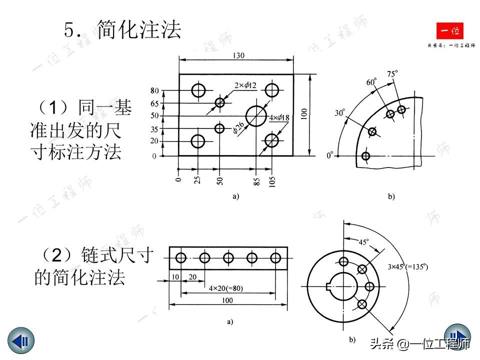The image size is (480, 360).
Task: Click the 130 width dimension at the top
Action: pyautogui.click(x=238, y=56)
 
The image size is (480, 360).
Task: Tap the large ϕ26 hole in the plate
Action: pyautogui.click(x=256, y=116)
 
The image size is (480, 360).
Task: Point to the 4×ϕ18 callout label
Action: pyautogui.click(x=279, y=118)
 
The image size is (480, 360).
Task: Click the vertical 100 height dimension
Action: pyautogui.click(x=303, y=114)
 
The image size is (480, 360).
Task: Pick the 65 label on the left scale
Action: pyautogui.click(x=154, y=103)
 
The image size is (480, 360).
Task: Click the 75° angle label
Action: pyautogui.click(x=393, y=74)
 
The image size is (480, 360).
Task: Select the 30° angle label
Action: pyautogui.click(x=340, y=113)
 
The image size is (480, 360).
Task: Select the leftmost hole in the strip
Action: pyautogui.click(x=181, y=258)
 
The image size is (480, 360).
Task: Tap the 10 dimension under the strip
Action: pyautogui.click(x=174, y=277)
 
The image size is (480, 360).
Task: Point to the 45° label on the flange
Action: pyautogui.click(x=364, y=242)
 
